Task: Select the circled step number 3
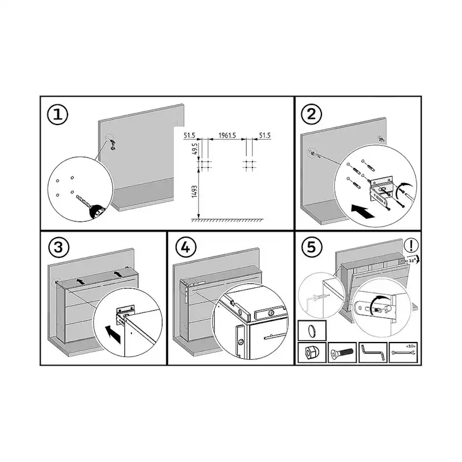[x=59, y=246]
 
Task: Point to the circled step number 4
[x=185, y=246]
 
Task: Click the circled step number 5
[x=311, y=246]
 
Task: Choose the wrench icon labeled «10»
[x=403, y=353]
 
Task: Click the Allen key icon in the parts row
[x=373, y=353]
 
